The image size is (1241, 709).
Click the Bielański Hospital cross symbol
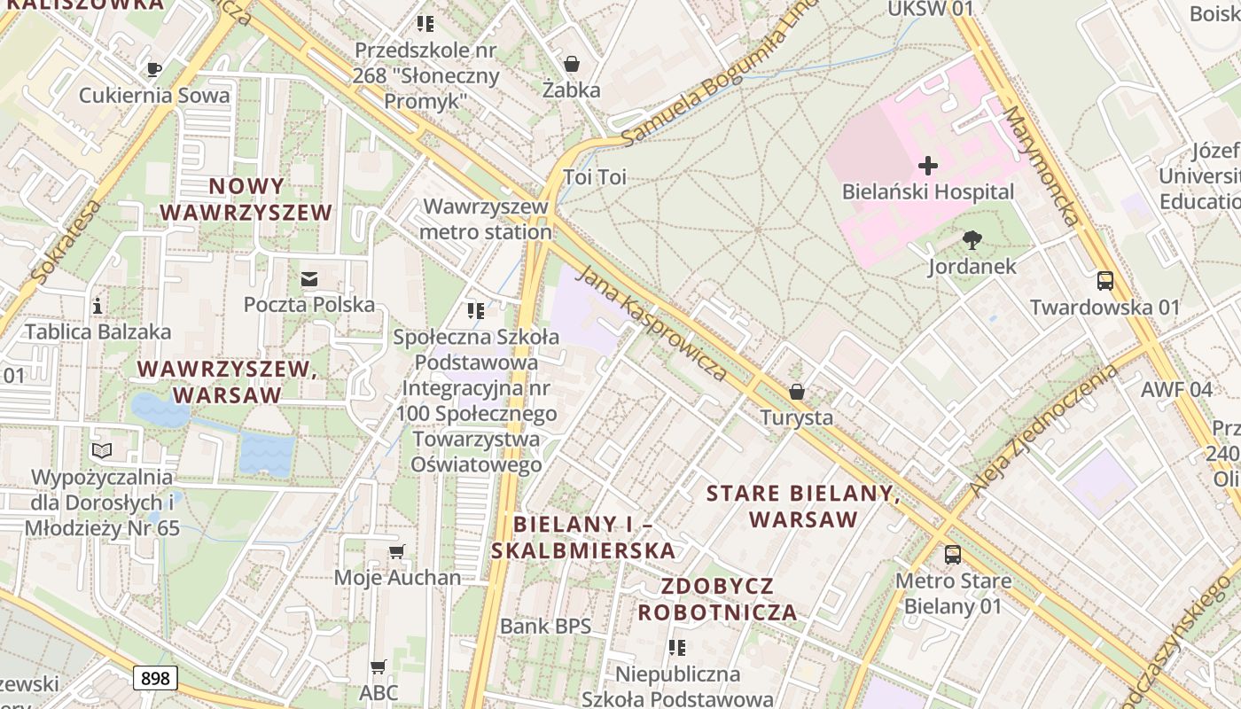927,166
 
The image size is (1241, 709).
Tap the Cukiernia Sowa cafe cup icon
154,69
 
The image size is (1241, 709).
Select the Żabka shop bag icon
572,64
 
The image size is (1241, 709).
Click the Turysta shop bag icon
796,392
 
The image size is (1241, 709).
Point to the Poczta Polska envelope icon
309,279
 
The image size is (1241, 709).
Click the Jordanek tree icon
972,240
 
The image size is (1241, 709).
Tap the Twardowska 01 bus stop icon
1104,281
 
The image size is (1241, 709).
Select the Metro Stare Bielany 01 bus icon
952,555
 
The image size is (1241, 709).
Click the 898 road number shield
155,678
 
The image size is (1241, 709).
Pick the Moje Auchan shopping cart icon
396,551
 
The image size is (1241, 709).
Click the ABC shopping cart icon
379,666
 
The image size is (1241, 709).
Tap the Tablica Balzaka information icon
98,307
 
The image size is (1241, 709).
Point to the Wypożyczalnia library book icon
103,451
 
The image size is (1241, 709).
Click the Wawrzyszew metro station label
486,219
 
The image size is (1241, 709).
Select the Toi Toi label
595,177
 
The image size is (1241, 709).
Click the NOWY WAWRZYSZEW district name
246,199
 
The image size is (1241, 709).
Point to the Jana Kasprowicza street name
652,323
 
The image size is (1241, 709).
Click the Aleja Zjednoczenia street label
1045,429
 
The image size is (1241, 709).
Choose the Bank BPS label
545,627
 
